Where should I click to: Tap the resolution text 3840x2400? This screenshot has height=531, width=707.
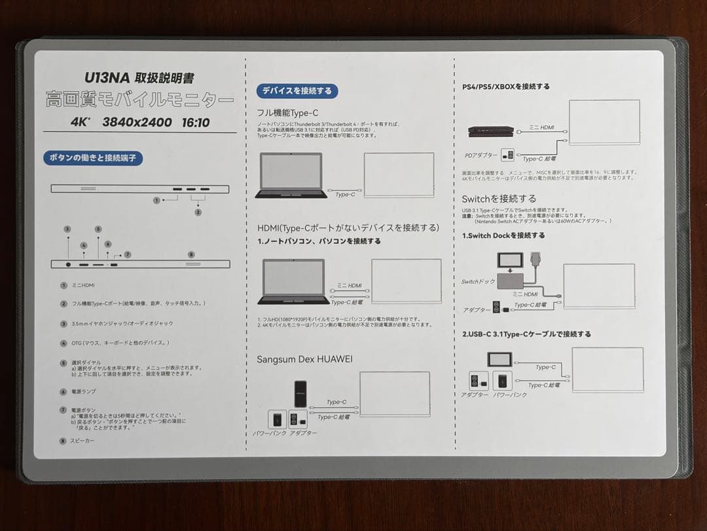[x=137, y=122]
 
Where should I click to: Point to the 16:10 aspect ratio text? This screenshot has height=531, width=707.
[x=196, y=122]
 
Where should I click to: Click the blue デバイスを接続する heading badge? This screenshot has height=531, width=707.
[x=297, y=90]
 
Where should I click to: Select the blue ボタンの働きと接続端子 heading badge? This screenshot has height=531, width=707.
[x=93, y=158]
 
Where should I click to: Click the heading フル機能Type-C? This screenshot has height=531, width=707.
[x=287, y=112]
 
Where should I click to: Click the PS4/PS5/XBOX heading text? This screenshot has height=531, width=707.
[x=505, y=86]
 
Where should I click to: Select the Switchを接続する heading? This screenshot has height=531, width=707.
[x=499, y=198]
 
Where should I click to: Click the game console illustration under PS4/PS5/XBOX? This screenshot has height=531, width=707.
[x=491, y=131]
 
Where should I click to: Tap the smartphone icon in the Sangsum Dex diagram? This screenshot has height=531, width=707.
[x=300, y=393]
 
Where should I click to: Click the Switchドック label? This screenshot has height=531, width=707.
[x=479, y=282]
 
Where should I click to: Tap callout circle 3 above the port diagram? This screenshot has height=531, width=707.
[x=67, y=229]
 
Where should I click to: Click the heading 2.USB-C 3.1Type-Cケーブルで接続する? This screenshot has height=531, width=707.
[x=526, y=334]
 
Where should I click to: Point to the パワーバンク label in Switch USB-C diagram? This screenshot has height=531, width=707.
[x=510, y=395]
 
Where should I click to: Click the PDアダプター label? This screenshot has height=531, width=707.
[x=481, y=155]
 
